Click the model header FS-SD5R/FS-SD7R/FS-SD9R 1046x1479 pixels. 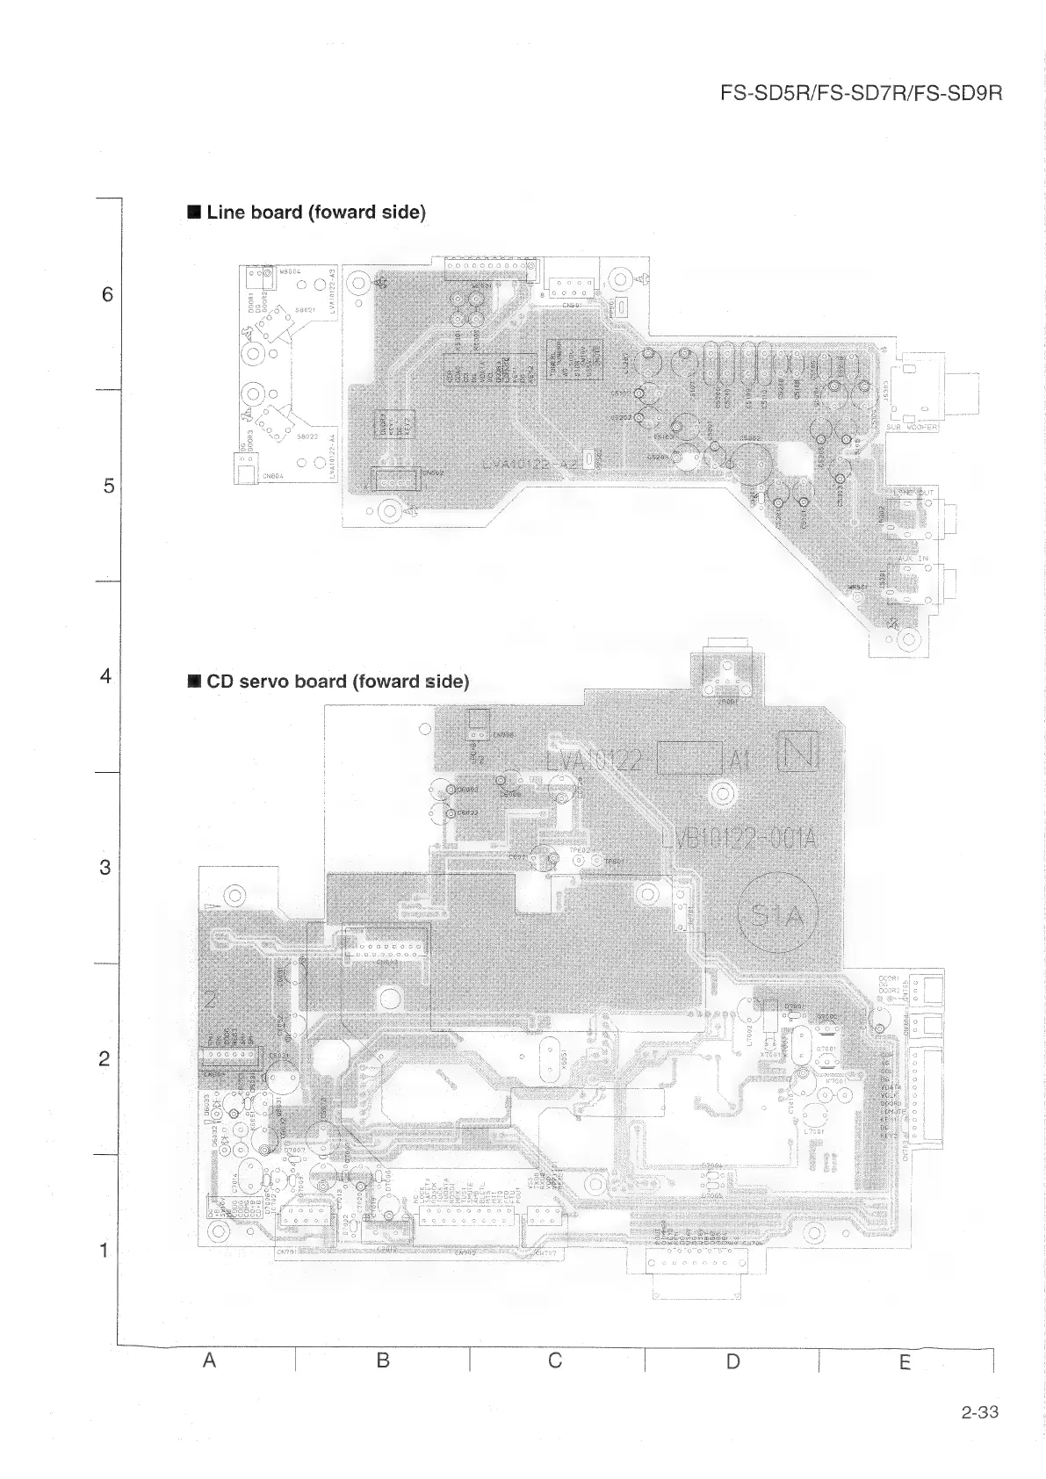coord(860,93)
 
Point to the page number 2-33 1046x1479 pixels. coord(979,1413)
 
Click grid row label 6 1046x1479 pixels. coord(107,295)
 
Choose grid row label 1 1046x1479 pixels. coord(105,1250)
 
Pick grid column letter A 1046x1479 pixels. coord(209,1360)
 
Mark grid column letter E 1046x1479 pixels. coord(905,1362)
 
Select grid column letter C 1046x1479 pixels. coord(555,1360)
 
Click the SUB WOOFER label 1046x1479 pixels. coord(913,428)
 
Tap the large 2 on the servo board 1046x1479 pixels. coord(211,999)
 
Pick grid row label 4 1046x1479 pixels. coord(106,676)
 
